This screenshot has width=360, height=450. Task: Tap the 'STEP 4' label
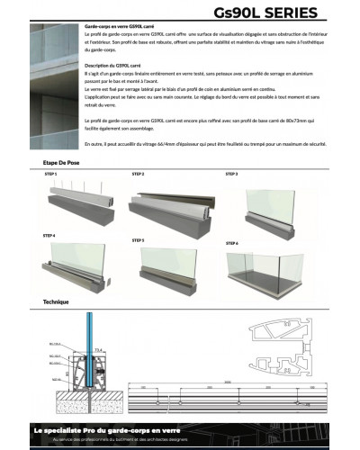(49, 235)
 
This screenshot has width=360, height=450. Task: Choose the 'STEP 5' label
(138, 240)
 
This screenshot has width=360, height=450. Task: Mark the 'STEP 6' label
(232, 243)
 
